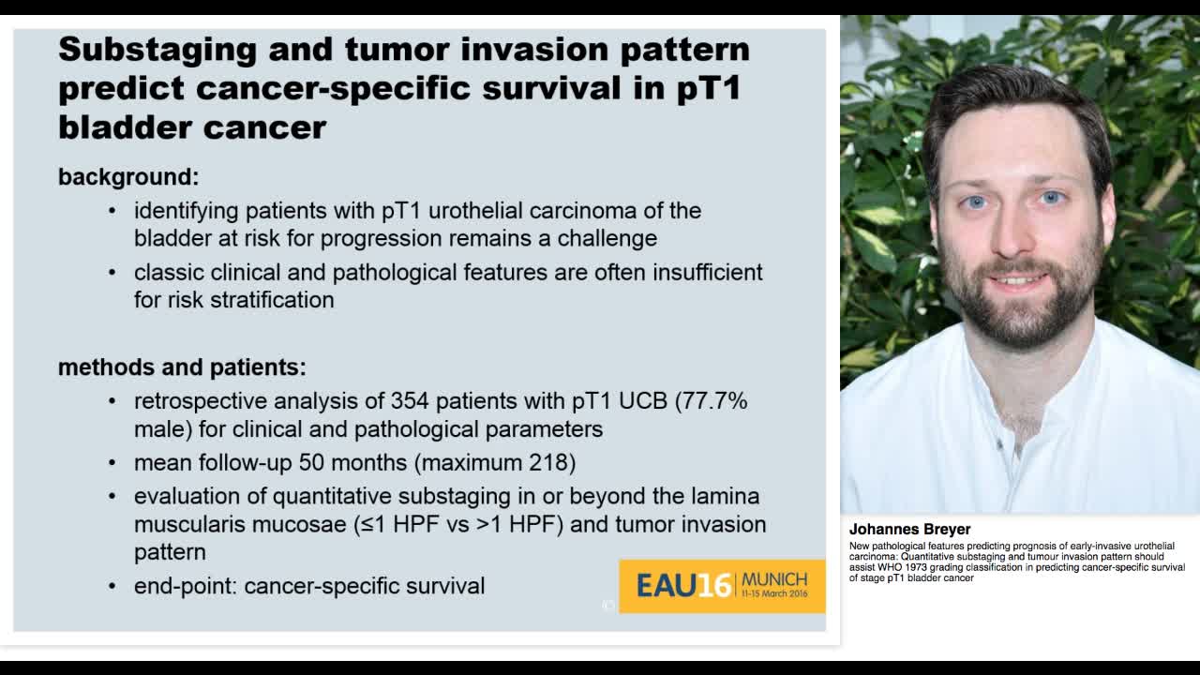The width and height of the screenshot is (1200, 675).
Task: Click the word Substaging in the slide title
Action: point(157,50)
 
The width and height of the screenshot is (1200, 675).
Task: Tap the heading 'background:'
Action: point(128,177)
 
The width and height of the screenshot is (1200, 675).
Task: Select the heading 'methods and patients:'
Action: point(182,367)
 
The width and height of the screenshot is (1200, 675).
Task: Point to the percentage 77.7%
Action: point(715,401)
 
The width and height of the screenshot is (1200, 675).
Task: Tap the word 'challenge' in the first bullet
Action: point(607,238)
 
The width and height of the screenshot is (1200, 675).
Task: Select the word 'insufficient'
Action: point(707,272)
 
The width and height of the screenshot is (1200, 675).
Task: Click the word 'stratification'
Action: point(272,300)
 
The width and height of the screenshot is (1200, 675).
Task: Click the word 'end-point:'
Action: point(186,586)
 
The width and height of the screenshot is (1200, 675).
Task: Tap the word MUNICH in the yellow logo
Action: point(774,579)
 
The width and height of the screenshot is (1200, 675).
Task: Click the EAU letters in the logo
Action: point(667,586)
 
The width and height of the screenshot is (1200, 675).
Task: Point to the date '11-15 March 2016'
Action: point(774,593)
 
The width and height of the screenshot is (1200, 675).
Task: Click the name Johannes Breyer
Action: point(909,530)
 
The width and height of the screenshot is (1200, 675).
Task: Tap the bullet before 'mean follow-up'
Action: point(112,462)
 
